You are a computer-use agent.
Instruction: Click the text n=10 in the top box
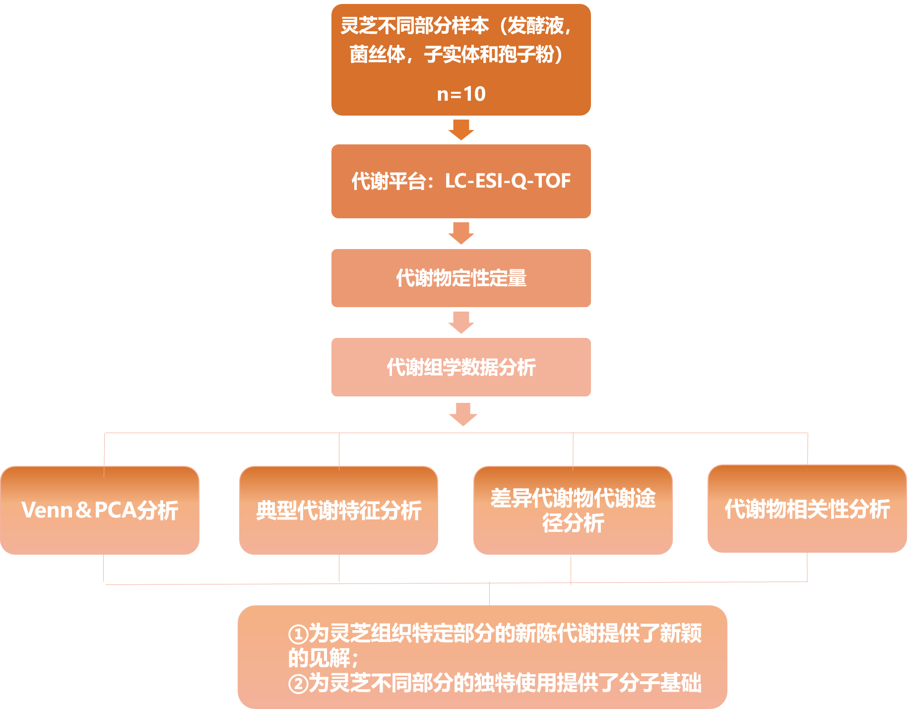[461, 94]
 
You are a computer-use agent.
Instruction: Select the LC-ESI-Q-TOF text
[508, 181]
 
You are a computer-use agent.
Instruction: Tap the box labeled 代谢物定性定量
[461, 278]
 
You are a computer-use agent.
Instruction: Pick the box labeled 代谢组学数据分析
[461, 367]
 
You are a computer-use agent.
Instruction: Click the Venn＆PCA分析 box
[100, 510]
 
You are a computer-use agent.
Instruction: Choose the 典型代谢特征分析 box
[338, 510]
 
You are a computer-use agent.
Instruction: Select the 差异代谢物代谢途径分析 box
[573, 510]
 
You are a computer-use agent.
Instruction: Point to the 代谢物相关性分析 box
[807, 509]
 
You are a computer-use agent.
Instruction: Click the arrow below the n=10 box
[461, 129]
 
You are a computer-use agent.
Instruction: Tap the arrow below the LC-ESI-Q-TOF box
[461, 233]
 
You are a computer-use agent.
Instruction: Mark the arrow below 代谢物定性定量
[461, 322]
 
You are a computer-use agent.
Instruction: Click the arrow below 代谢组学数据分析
[462, 414]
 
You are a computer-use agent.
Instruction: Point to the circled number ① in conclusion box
[298, 635]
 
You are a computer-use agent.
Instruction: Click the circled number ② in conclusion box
[298, 684]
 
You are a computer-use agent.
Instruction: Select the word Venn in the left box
[47, 510]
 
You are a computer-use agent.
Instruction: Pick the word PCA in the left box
[115, 510]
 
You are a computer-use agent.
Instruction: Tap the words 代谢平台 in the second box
[389, 181]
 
